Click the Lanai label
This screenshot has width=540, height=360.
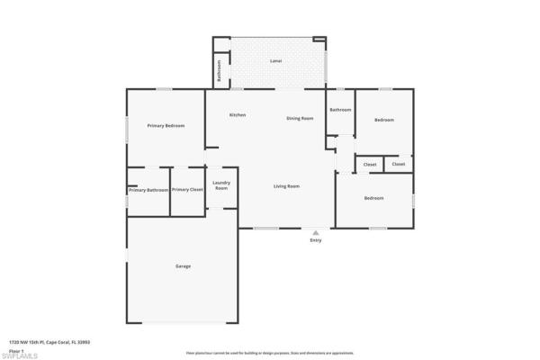coord(276,61)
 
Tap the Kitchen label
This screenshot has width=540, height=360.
coord(238,115)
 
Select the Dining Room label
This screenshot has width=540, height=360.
coord(300,118)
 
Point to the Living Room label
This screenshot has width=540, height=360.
coord(287,186)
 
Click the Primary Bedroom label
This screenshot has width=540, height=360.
coord(166,126)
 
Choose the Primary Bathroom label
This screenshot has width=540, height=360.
coord(148,190)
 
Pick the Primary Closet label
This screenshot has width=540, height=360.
coord(187,190)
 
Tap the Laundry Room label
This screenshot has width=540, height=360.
coord(221,185)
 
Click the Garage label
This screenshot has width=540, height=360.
coord(183,266)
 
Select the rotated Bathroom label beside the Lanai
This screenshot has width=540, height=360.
coord(217,69)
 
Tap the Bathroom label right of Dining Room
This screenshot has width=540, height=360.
coord(340,110)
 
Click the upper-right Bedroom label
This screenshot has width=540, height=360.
coord(384,120)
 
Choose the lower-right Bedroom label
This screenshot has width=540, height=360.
coord(373,198)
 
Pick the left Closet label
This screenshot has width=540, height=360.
coord(370,165)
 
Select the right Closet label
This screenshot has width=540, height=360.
coord(398,165)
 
